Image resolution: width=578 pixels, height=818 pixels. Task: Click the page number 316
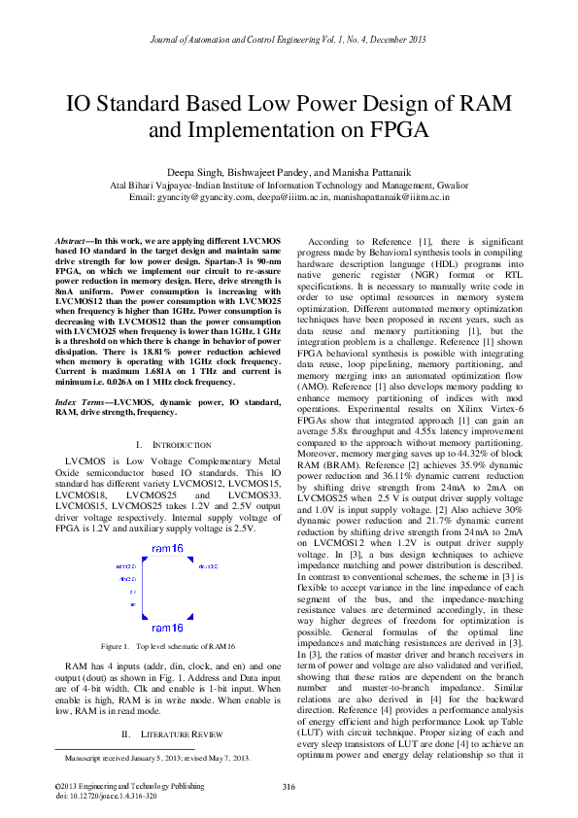click(289, 786)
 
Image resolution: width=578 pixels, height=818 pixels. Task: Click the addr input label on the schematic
click(124, 566)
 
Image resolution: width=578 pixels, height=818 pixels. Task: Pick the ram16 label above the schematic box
click(167, 549)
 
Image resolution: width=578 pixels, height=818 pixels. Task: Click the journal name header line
click(289, 40)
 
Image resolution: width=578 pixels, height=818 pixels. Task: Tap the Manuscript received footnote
click(158, 756)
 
